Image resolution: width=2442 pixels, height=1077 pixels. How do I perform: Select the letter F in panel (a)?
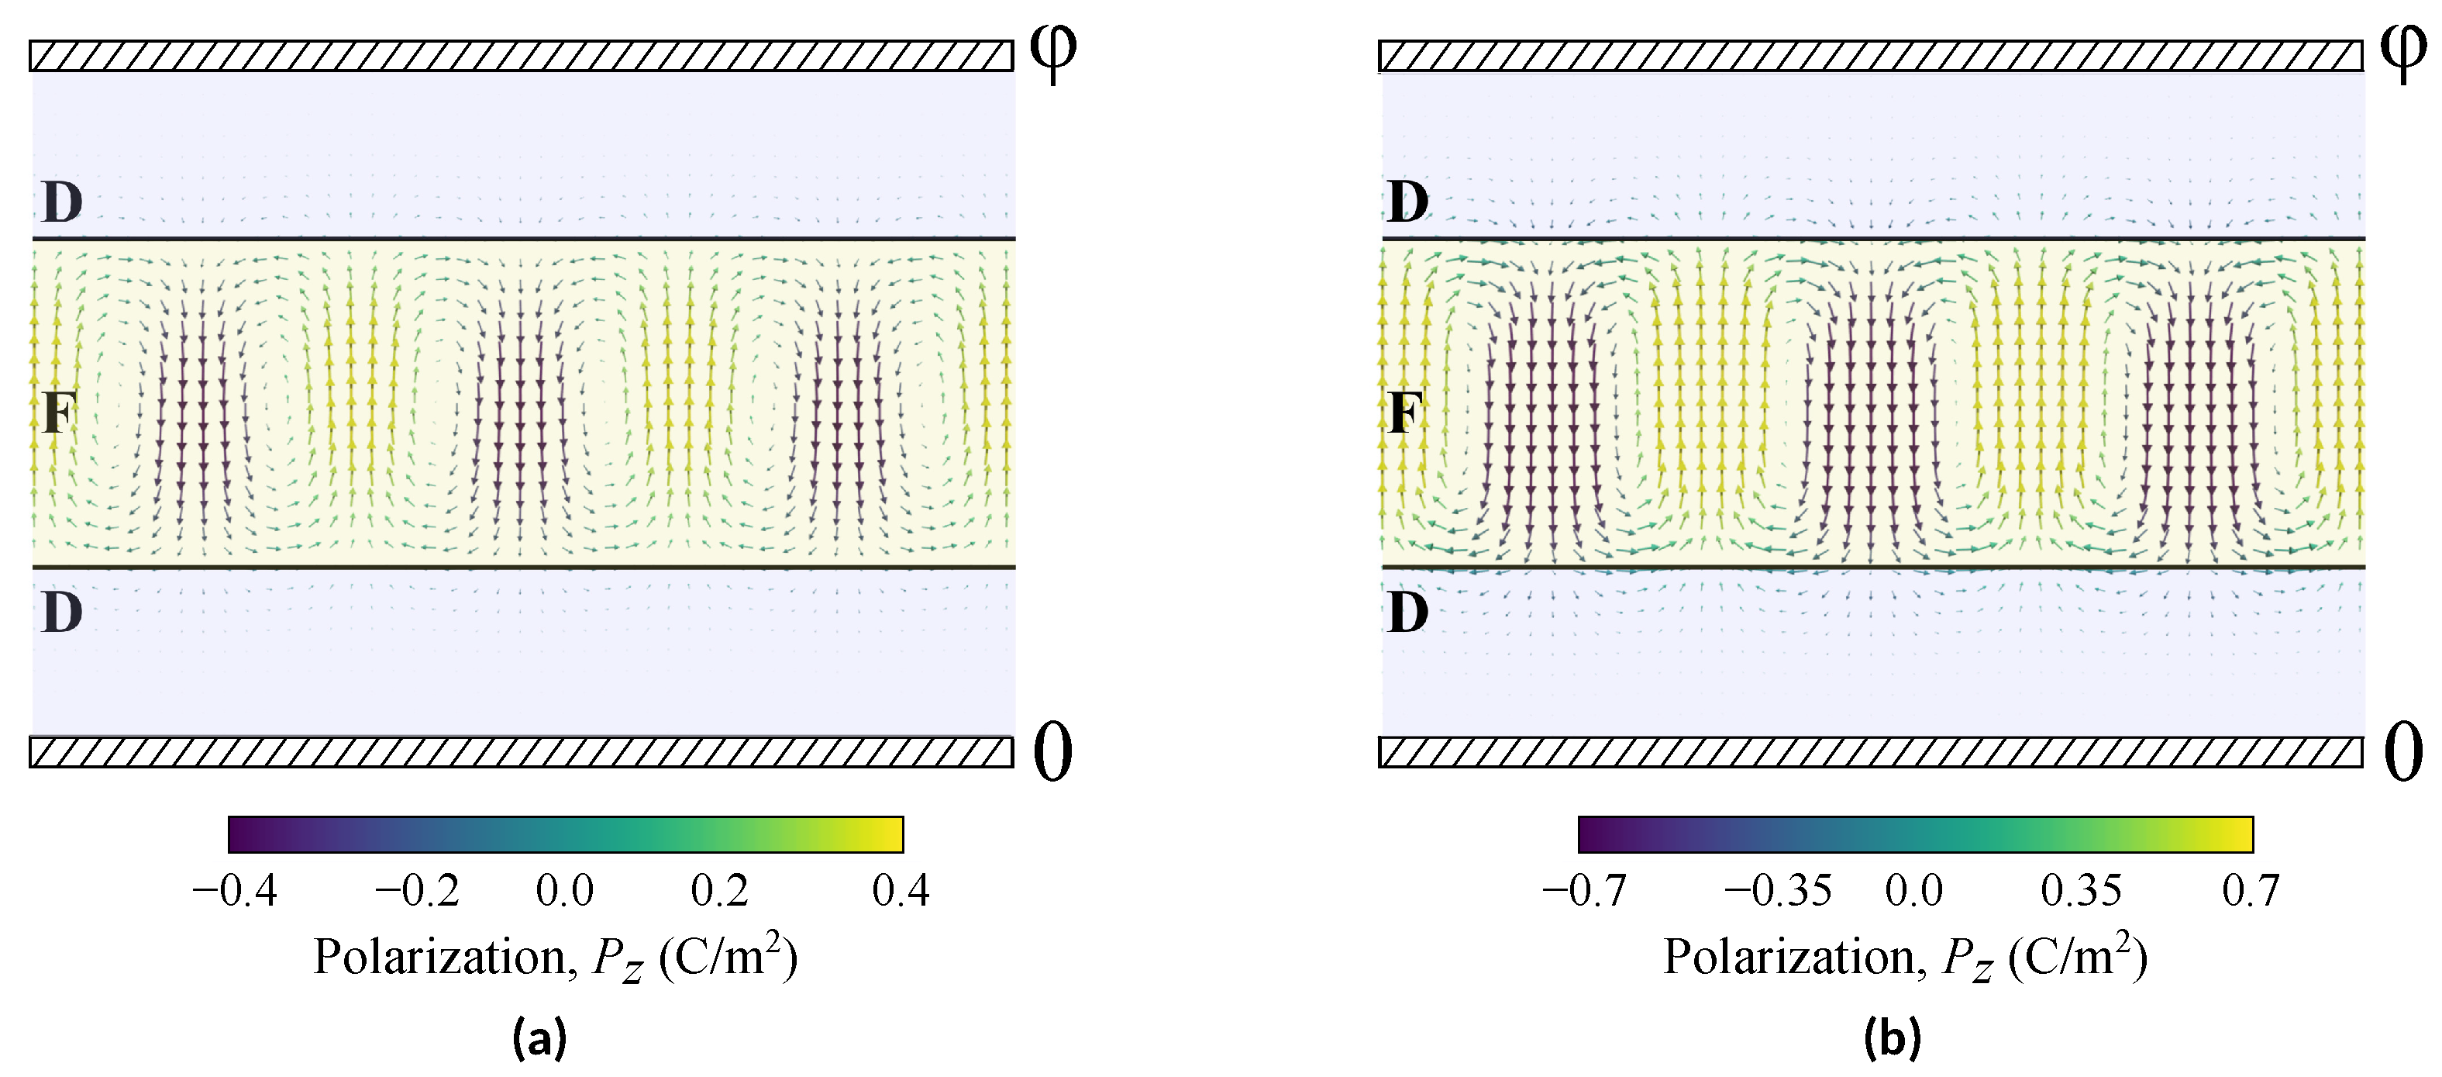[59, 413]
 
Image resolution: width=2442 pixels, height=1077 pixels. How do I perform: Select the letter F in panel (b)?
[1406, 413]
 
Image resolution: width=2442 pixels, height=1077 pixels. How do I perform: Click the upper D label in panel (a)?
[63, 202]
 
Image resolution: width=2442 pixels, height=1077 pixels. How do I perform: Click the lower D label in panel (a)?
[63, 613]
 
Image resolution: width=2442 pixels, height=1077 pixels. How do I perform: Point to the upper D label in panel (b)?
[1407, 202]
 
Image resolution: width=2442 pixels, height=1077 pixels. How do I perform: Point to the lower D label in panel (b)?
[1407, 613]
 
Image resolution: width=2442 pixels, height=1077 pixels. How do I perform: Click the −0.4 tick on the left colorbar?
[234, 891]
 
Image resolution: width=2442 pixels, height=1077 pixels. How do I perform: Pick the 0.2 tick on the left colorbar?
[719, 891]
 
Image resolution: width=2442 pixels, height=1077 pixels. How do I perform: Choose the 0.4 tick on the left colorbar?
[901, 891]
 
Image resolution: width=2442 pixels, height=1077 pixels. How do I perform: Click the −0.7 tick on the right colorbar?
[1584, 891]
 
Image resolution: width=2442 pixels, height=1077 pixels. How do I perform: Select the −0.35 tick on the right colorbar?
[1778, 891]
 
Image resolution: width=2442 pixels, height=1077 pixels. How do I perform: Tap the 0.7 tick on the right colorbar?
[2251, 891]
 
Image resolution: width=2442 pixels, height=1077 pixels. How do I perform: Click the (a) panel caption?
[539, 1037]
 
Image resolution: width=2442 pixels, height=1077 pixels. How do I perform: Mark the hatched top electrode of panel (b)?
[1870, 56]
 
